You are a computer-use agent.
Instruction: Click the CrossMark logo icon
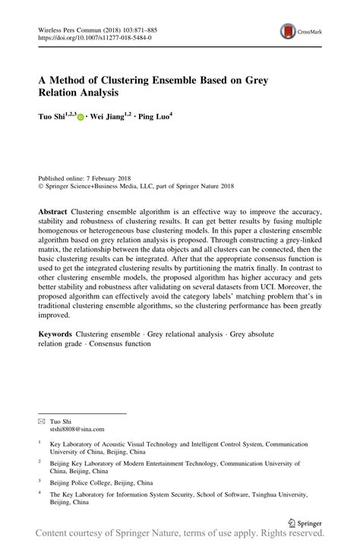289,31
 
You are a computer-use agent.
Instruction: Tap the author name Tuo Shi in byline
54,118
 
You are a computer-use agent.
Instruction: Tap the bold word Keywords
58,335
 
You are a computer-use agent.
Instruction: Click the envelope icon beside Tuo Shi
43,421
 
